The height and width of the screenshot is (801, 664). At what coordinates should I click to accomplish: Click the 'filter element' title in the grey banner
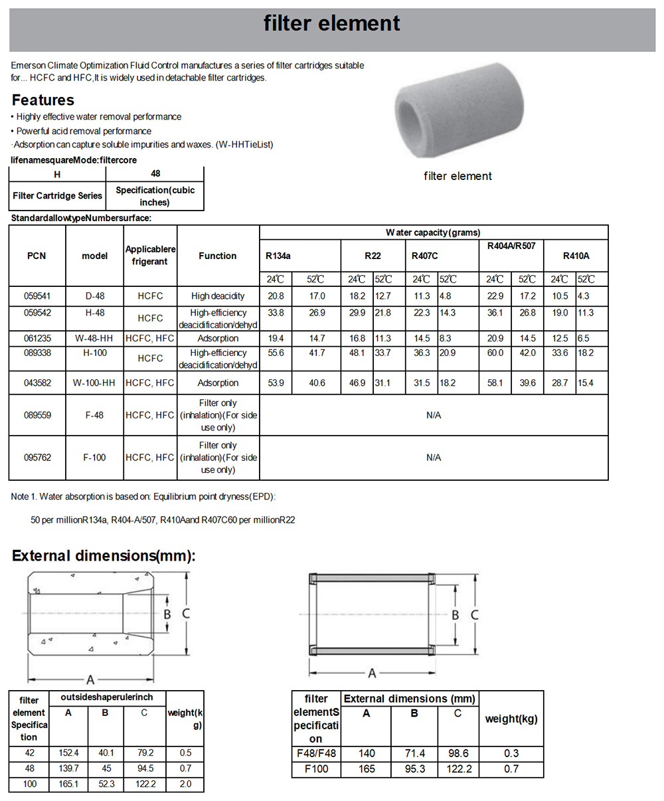331,24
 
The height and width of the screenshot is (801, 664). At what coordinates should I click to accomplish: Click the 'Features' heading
43,100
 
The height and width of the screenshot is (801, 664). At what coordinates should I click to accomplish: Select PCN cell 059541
37,296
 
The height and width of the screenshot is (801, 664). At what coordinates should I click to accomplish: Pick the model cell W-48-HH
94,338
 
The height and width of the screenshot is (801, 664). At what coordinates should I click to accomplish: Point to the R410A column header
576,256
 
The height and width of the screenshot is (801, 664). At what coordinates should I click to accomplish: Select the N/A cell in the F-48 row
434,415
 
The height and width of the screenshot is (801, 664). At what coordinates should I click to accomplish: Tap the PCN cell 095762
37,458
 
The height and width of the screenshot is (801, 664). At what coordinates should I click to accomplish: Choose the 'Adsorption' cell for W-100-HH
218,383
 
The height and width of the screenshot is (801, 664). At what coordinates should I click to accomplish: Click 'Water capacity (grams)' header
433,232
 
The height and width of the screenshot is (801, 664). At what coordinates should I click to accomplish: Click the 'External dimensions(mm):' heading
104,556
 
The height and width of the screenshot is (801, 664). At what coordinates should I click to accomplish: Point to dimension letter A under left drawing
90,679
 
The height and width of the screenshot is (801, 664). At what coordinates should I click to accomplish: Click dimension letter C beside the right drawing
475,615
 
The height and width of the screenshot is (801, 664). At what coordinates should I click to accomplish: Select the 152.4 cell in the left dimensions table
68,753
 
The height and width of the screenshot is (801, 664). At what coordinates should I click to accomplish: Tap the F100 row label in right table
316,769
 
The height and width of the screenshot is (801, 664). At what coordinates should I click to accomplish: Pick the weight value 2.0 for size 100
185,784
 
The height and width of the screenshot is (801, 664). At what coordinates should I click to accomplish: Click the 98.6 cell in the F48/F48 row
457,753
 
